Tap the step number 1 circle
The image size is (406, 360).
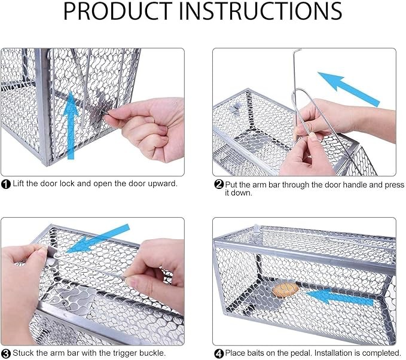point(6,184)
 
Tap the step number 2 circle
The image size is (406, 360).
point(219,184)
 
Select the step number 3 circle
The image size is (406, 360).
point(6,353)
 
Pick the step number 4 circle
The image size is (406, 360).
point(219,353)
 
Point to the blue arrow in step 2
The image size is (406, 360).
point(349,89)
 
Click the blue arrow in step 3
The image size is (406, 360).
point(98,239)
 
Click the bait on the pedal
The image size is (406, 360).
point(285,290)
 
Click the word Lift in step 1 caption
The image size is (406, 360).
point(19,184)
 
